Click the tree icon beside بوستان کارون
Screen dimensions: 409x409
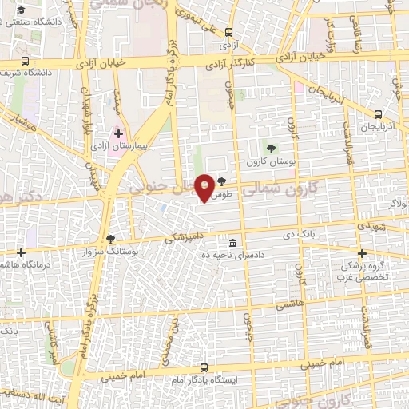pos(272,148)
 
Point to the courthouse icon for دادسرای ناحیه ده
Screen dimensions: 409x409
pos(232,243)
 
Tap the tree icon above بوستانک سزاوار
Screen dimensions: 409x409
pos(110,239)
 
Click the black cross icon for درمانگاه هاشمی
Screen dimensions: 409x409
pos(21,253)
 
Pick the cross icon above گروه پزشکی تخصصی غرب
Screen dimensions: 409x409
pos(363,252)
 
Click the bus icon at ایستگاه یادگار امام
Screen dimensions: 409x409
pos(205,367)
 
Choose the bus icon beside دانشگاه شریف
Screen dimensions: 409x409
pos(26,61)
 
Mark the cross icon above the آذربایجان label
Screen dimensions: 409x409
pos(379,115)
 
